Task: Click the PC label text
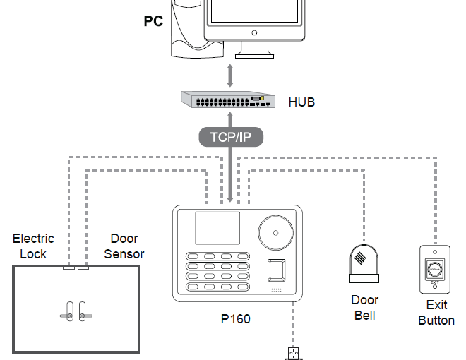click(153, 21)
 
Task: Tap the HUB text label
click(301, 102)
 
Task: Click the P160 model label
click(235, 319)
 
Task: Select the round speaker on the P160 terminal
click(277, 232)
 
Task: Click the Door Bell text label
click(364, 308)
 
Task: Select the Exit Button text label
click(436, 313)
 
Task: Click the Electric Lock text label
click(33, 246)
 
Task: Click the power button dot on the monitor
click(253, 32)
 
